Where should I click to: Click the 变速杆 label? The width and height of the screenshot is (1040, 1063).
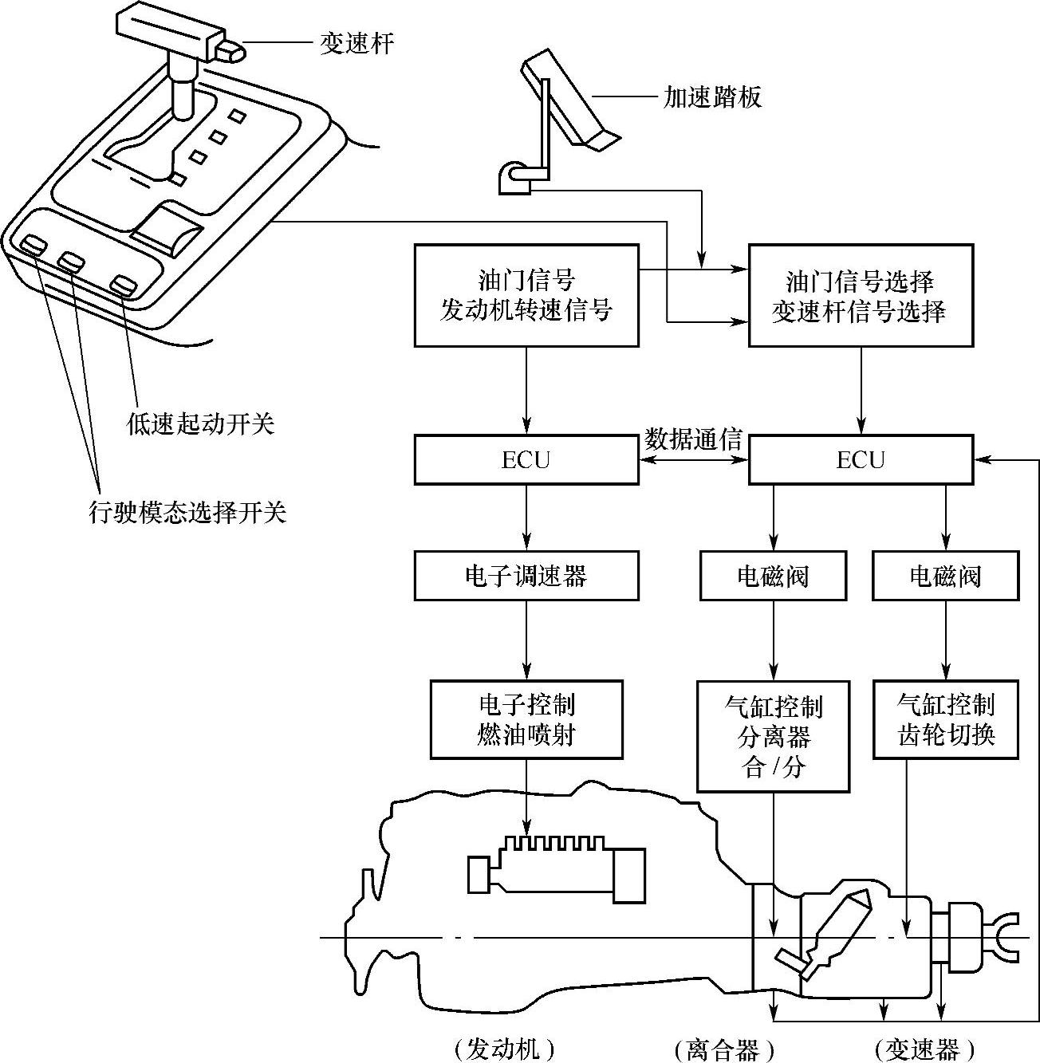(x=357, y=43)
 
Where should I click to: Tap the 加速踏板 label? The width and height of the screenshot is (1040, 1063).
(x=712, y=97)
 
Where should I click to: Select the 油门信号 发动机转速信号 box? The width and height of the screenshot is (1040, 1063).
(x=526, y=296)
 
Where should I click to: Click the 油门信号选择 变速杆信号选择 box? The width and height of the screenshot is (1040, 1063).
(x=860, y=296)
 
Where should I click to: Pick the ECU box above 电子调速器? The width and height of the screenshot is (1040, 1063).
(x=526, y=460)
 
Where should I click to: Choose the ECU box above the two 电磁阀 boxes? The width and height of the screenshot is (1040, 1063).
(x=861, y=460)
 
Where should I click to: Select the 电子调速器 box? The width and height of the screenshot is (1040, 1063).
(x=526, y=576)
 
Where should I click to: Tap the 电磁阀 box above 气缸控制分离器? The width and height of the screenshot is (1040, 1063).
(x=773, y=576)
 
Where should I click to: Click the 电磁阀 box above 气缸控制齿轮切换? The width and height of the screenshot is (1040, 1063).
(x=946, y=576)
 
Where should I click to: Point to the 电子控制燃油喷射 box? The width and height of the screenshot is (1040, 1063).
(x=526, y=719)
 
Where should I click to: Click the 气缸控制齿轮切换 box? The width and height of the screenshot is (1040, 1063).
(x=946, y=719)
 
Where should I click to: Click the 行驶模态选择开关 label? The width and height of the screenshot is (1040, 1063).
(x=187, y=512)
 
